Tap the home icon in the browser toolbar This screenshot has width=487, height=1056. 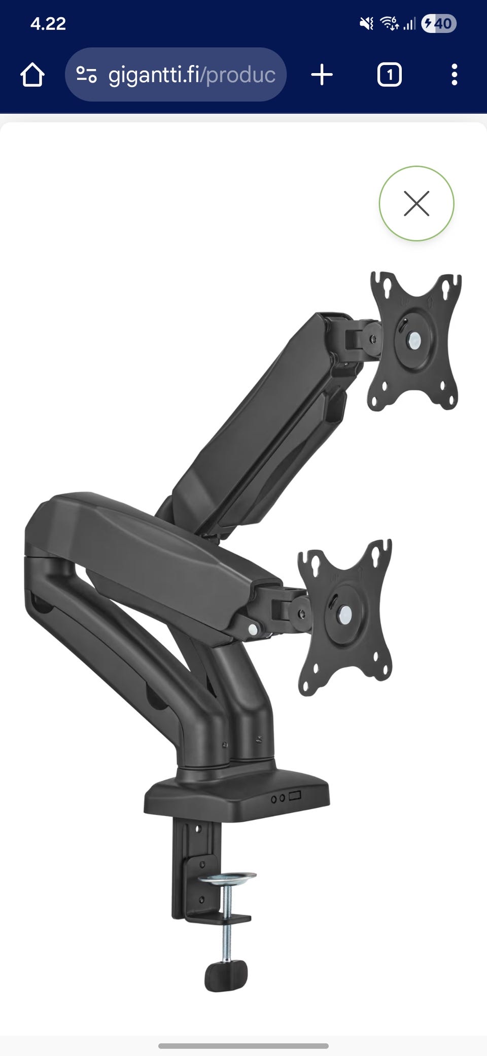click(32, 75)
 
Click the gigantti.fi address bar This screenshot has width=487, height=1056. click(176, 75)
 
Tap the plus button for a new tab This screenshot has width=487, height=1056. click(322, 75)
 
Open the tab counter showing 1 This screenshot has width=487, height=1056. click(390, 75)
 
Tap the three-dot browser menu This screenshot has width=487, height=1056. click(454, 75)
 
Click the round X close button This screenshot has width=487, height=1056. click(416, 204)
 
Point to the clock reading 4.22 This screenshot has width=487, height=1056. click(48, 24)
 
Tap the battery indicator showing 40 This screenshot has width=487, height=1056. click(439, 23)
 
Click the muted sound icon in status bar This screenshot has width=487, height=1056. click(366, 23)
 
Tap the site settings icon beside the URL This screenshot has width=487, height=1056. click(86, 75)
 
